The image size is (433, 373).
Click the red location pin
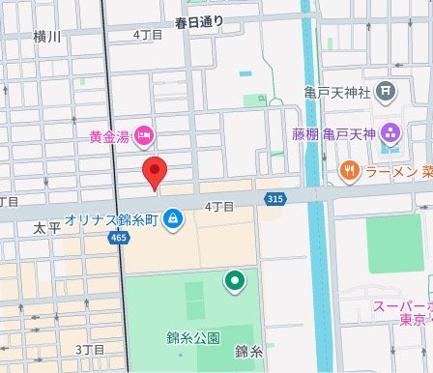[155, 173]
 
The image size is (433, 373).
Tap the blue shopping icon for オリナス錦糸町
[171, 218]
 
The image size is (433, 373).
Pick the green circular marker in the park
[233, 282]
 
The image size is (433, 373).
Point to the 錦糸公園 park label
[192, 337]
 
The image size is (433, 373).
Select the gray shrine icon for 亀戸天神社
[387, 93]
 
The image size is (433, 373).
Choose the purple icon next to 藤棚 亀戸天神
[390, 132]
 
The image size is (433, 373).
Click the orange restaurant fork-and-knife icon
[349, 174]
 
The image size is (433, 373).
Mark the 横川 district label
[46, 37]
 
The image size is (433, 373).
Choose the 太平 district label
[46, 229]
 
